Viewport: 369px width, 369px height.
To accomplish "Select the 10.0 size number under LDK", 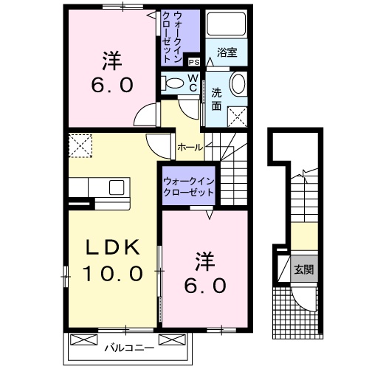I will [x=111, y=275].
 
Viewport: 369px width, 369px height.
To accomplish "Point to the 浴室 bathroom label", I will [x=227, y=52].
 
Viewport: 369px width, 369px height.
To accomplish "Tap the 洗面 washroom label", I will [x=216, y=99].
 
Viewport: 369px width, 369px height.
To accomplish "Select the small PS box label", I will [x=194, y=63].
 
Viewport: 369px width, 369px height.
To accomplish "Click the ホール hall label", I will [x=191, y=147].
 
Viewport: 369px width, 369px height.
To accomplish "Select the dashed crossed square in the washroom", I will [x=237, y=114].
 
